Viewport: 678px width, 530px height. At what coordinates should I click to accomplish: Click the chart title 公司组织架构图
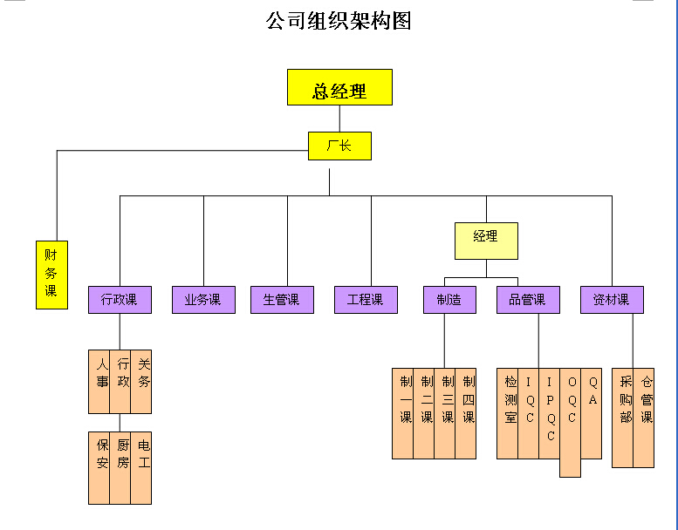(x=339, y=20)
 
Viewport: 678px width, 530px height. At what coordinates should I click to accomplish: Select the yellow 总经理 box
(x=339, y=87)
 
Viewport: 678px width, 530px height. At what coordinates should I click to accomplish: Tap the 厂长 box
(x=339, y=146)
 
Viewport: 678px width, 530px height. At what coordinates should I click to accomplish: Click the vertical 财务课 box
(x=51, y=274)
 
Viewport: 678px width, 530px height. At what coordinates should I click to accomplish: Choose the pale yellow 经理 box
(x=486, y=241)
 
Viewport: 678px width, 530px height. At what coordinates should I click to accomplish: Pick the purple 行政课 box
(x=120, y=300)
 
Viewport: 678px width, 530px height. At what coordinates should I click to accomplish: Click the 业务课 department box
(x=203, y=300)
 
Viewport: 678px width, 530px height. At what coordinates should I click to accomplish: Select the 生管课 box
(x=282, y=300)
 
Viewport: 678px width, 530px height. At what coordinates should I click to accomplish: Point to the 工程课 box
(x=366, y=300)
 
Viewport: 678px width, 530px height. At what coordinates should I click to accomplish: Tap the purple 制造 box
(x=449, y=300)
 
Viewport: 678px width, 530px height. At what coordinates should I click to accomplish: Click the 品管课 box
(x=528, y=300)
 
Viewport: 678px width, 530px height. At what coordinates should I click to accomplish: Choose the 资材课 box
(x=612, y=300)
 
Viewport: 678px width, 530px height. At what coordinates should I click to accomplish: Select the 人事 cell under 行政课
(x=99, y=382)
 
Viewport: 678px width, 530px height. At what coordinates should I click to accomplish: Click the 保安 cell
(x=99, y=467)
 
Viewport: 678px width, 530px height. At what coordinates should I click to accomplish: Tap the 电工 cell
(x=141, y=467)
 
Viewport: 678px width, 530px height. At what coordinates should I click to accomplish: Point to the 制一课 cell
(x=403, y=413)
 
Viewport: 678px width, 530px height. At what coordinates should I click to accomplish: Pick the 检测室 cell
(x=508, y=413)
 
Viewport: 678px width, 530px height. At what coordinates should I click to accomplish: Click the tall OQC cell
(x=570, y=422)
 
